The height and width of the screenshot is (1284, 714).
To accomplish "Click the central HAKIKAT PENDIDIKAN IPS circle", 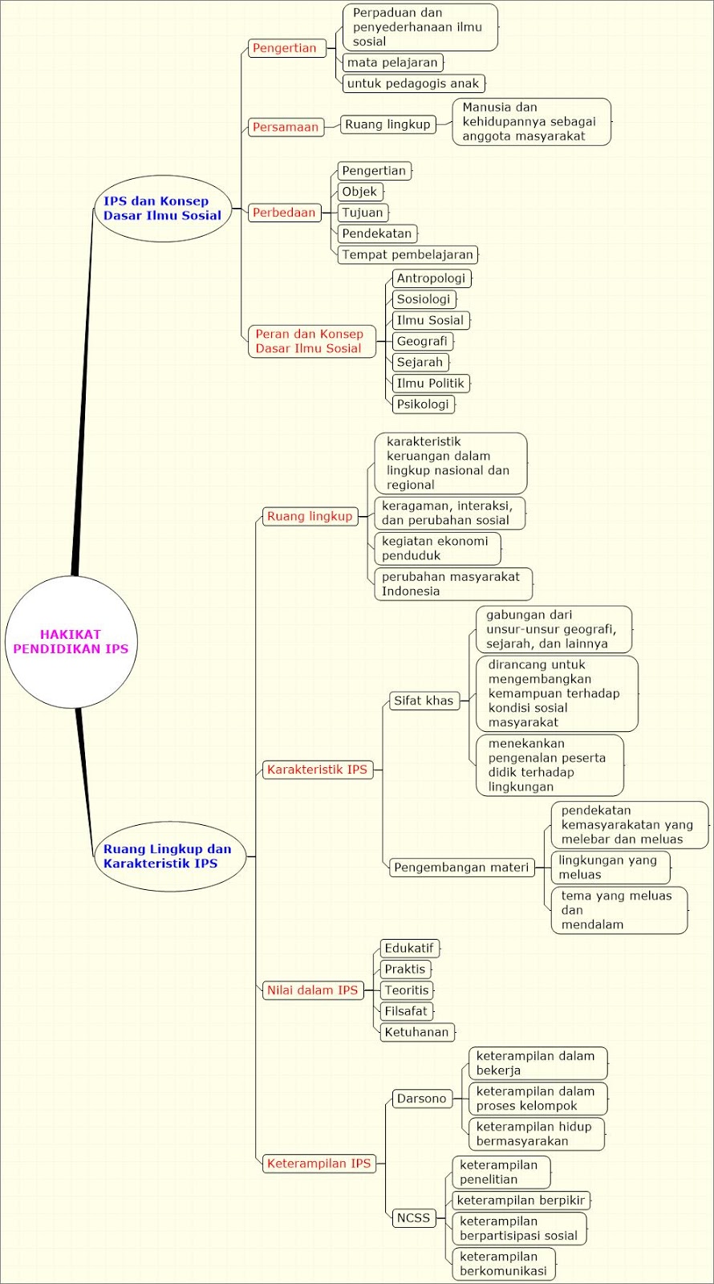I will (71, 642).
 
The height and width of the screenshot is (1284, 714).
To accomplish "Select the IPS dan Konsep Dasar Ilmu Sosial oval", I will (162, 209).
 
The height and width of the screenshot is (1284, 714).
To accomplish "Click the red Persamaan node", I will (286, 127).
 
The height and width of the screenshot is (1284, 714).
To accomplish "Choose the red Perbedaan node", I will (284, 213).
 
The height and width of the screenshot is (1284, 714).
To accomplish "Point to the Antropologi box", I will (431, 278).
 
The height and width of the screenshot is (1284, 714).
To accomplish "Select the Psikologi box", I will (423, 404).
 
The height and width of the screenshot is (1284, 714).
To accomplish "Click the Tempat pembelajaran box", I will (408, 254).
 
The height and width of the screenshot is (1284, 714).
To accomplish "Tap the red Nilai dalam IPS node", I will (312, 990).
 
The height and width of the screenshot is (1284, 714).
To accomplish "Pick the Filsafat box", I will (406, 1011).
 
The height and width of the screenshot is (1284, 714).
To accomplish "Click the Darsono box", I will (421, 1099).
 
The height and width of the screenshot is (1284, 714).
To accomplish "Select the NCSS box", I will (414, 1218).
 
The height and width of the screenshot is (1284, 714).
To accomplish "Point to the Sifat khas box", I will (424, 701).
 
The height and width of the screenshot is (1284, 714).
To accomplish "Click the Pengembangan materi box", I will (461, 868).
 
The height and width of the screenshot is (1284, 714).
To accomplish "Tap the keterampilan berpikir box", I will (521, 1201).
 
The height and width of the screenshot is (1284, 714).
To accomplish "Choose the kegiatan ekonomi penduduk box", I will (437, 548).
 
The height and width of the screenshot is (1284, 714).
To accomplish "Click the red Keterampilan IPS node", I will (318, 1164).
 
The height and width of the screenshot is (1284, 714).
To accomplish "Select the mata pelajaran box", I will (392, 63).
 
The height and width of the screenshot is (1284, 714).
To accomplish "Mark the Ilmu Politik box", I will (430, 384).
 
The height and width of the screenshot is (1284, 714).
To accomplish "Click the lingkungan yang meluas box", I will (610, 868).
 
